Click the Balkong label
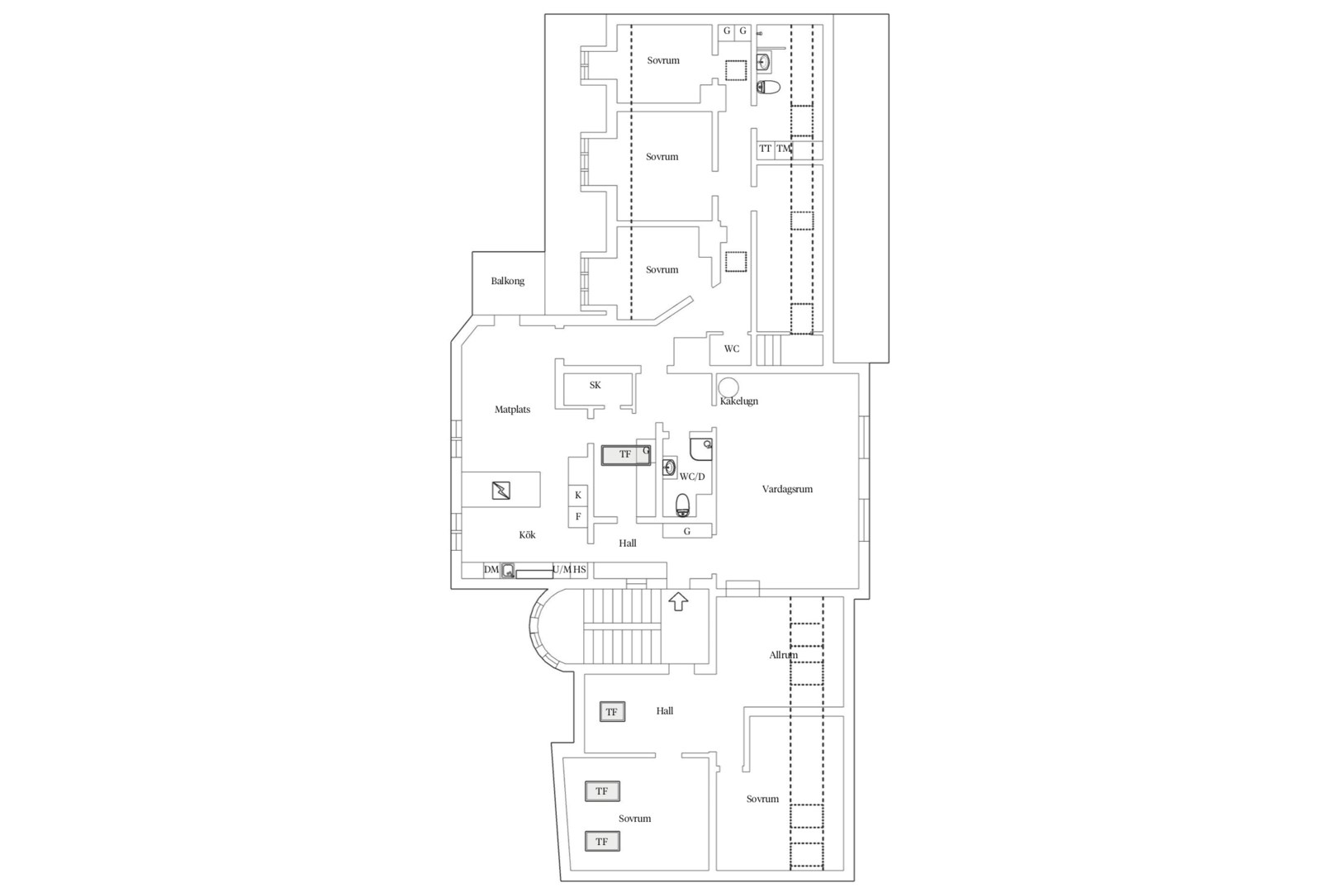click(x=508, y=281)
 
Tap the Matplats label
click(x=513, y=410)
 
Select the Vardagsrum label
click(x=787, y=489)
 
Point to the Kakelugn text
click(x=739, y=401)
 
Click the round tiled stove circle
click(x=728, y=387)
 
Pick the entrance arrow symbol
click(x=678, y=601)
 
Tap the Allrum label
click(x=783, y=655)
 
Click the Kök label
click(x=528, y=534)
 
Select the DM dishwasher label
click(x=491, y=569)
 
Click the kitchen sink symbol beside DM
click(x=508, y=571)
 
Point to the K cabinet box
click(x=577, y=495)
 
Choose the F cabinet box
click(x=577, y=517)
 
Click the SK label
click(x=595, y=386)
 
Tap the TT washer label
click(x=765, y=148)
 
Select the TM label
click(x=783, y=148)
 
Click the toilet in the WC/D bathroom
click(x=683, y=505)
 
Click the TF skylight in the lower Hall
click(x=612, y=712)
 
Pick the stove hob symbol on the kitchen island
click(x=501, y=491)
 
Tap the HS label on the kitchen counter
click(x=580, y=569)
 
